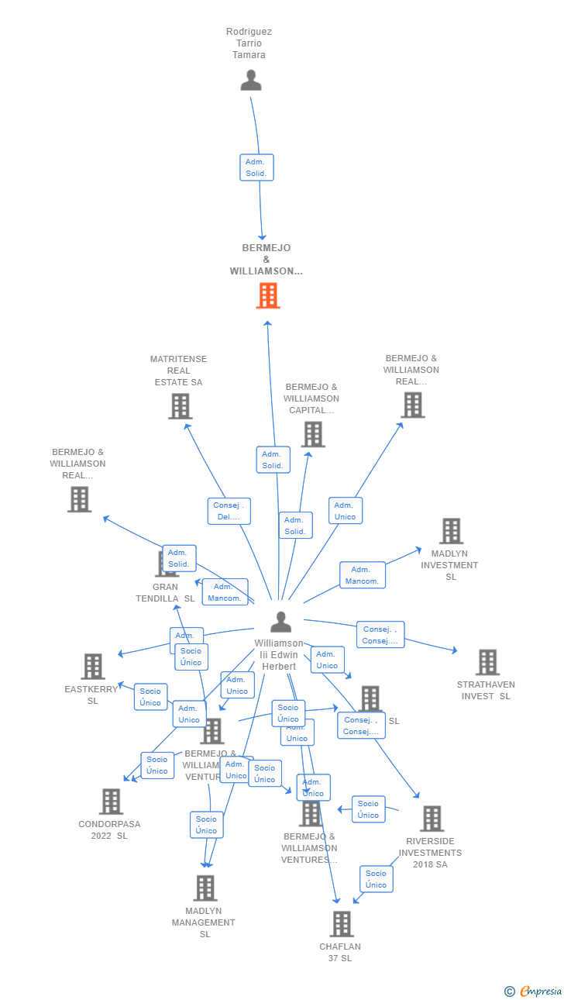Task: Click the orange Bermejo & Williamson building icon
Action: click(267, 295)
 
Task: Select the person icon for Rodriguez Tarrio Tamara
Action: click(250, 80)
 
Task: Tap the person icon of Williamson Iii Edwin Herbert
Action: click(280, 622)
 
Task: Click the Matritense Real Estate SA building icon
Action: click(180, 406)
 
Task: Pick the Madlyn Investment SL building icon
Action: click(451, 531)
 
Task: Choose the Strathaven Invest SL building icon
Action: click(487, 662)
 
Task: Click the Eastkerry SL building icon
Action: click(93, 666)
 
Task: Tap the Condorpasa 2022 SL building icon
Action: click(111, 802)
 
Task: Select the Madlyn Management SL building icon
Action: click(205, 888)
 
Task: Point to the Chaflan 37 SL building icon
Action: click(342, 924)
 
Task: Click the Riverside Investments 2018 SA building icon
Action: click(432, 819)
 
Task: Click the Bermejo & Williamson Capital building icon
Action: click(313, 435)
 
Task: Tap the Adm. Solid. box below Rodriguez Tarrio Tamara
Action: click(256, 167)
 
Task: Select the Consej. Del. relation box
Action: click(229, 512)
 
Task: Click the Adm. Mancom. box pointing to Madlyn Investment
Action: click(362, 575)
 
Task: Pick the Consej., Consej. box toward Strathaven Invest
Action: click(380, 635)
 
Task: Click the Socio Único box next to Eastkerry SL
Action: click(150, 697)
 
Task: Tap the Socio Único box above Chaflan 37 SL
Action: click(376, 879)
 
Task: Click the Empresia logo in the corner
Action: click(534, 991)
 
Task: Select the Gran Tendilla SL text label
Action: click(165, 592)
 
